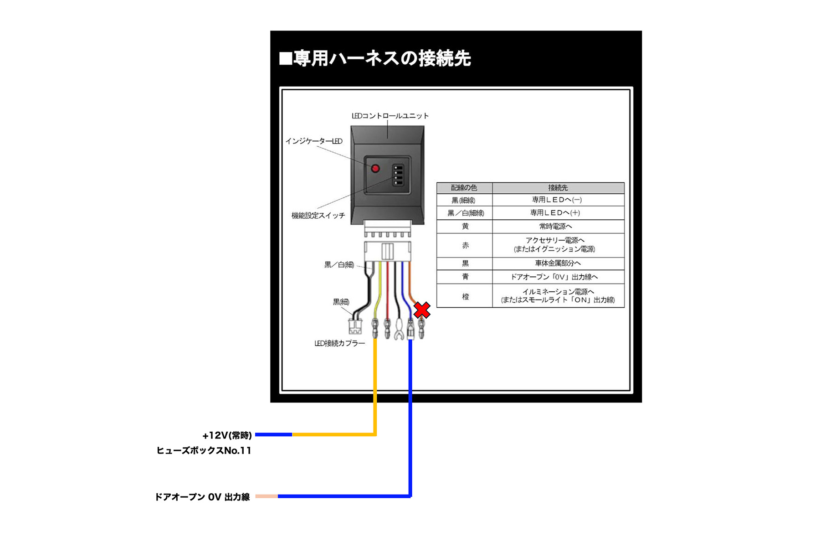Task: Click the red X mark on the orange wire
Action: pyautogui.click(x=422, y=310)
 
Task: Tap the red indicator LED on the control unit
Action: pyautogui.click(x=375, y=169)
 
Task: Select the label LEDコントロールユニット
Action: pyautogui.click(x=390, y=116)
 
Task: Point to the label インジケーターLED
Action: pyautogui.click(x=314, y=141)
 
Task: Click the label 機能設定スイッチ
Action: pyautogui.click(x=318, y=215)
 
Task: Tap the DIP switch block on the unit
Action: pyautogui.click(x=398, y=175)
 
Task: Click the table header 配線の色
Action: pyautogui.click(x=464, y=188)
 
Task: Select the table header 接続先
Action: pyautogui.click(x=558, y=188)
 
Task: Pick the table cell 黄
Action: pyautogui.click(x=465, y=226)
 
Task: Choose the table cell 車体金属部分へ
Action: pyautogui.click(x=558, y=263)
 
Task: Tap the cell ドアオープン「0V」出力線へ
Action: pyautogui.click(x=554, y=277)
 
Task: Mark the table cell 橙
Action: pyautogui.click(x=465, y=296)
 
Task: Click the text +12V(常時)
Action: pyautogui.click(x=227, y=435)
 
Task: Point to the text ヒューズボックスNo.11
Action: pyautogui.click(x=204, y=450)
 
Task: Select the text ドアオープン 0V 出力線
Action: pyautogui.click(x=202, y=497)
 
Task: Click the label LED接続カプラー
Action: pyautogui.click(x=339, y=343)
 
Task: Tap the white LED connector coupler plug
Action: pyautogui.click(x=355, y=326)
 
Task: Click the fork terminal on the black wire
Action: pyautogui.click(x=399, y=330)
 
